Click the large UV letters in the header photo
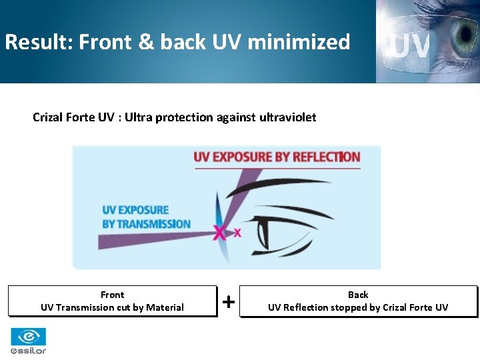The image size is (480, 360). coord(411,46)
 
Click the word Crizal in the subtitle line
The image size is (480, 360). coord(49,117)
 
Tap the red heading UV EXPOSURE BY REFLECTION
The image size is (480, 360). coord(277,157)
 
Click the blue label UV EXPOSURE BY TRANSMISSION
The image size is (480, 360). coord(146,217)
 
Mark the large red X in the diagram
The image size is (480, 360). coord(219,233)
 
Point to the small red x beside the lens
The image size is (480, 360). coord(237,233)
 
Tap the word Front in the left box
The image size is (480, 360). coord(112,295)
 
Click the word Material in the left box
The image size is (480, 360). coord(165,307)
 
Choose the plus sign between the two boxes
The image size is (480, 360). coord(228,302)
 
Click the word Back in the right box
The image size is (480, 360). coord(358,295)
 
